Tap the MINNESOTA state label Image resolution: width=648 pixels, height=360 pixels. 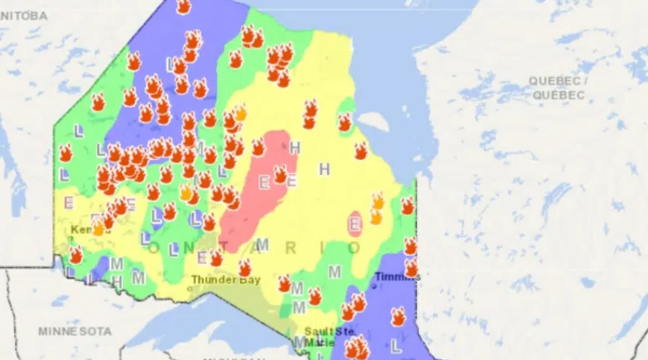coord(76,331)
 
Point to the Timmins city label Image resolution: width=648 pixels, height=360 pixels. coord(397,276)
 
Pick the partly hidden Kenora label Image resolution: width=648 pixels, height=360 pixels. coord(85,229)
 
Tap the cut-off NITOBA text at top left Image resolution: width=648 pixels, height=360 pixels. coord(23,15)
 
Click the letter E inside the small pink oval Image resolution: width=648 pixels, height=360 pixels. coord(354,225)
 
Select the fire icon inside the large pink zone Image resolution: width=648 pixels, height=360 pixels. coord(280,174)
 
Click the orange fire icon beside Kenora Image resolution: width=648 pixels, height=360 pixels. coord(99,228)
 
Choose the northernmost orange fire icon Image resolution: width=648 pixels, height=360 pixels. coord(240,113)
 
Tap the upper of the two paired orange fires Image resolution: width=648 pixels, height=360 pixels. coord(377,201)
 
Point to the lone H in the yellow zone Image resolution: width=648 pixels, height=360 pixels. coord(324,169)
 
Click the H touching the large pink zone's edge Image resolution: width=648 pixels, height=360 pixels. coord(294,148)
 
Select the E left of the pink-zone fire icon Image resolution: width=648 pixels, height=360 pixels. coord(264,183)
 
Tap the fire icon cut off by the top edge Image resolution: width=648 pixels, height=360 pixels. coord(184,6)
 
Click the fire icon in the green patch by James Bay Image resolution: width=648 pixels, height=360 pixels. coord(345,122)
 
